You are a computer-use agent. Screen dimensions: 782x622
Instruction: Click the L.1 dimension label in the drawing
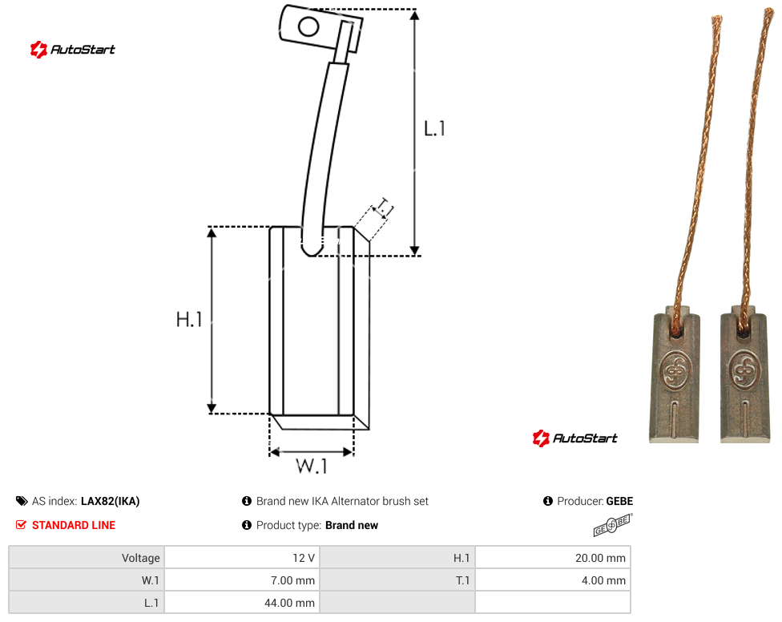coord(434,129)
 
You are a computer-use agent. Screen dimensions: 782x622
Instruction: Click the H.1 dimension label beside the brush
coord(189,319)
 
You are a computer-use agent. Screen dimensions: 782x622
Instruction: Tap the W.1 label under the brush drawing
coord(312,466)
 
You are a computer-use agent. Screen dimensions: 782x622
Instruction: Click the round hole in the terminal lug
coord(308,26)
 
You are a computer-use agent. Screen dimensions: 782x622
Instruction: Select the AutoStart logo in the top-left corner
coord(73,50)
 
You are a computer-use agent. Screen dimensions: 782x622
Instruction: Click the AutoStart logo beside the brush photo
coord(575,438)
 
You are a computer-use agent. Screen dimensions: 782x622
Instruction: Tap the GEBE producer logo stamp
coord(612,525)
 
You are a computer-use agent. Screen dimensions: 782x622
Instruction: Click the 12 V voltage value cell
coord(243,558)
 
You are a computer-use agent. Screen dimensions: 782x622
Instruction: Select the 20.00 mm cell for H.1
coord(553,558)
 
